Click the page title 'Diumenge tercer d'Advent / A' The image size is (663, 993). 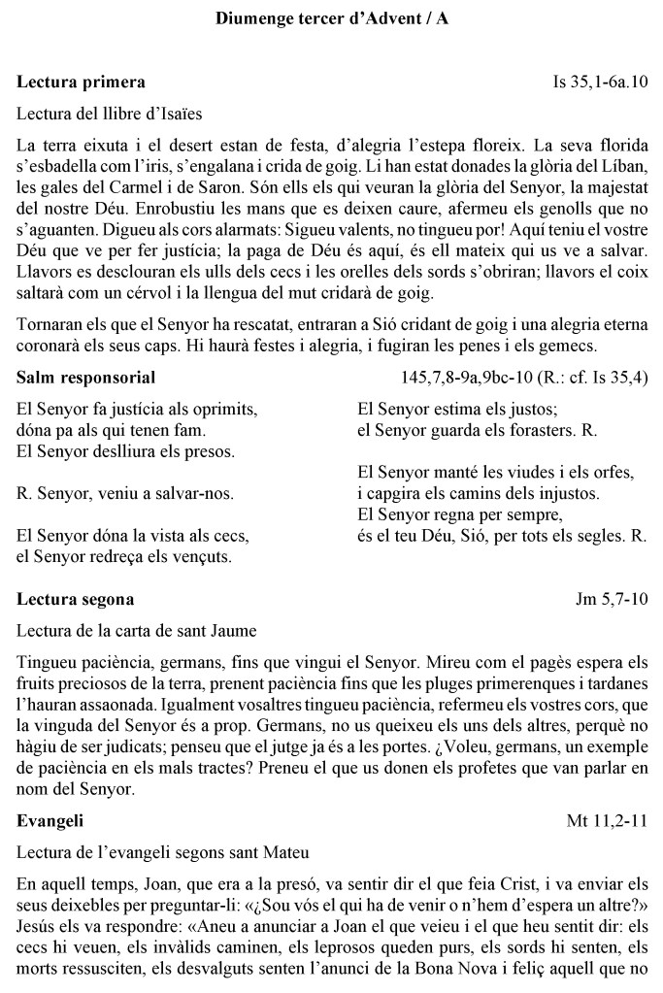coord(331,17)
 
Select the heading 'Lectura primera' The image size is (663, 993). coord(81,82)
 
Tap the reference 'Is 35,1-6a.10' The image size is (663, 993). coord(599,82)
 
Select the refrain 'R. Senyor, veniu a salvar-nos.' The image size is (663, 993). coord(125,493)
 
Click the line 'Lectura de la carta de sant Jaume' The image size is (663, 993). coord(137,631)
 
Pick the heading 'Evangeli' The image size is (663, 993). coord(50,821)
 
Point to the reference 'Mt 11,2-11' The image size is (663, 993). coord(607,821)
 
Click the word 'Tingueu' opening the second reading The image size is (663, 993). coord(48,663)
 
